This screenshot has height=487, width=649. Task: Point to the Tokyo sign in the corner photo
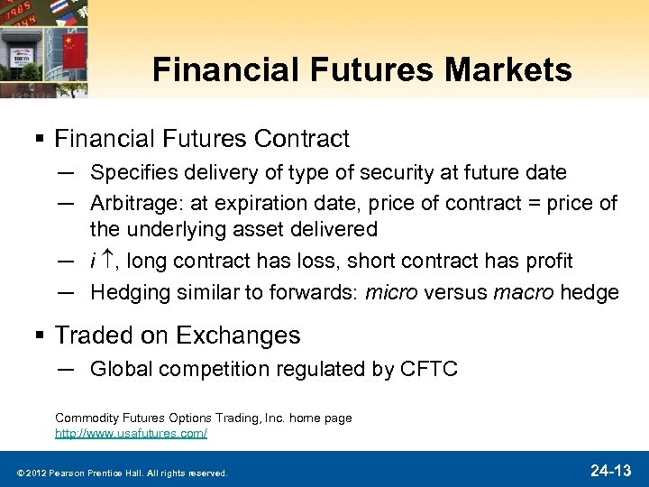click(22, 56)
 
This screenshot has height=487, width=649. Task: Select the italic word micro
click(394, 292)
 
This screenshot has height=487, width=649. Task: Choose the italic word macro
click(523, 292)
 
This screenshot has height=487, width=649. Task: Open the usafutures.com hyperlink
click(131, 434)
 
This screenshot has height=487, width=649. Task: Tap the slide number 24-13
click(610, 470)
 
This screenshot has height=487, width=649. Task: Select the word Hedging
click(128, 292)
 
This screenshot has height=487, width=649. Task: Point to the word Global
click(117, 368)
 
